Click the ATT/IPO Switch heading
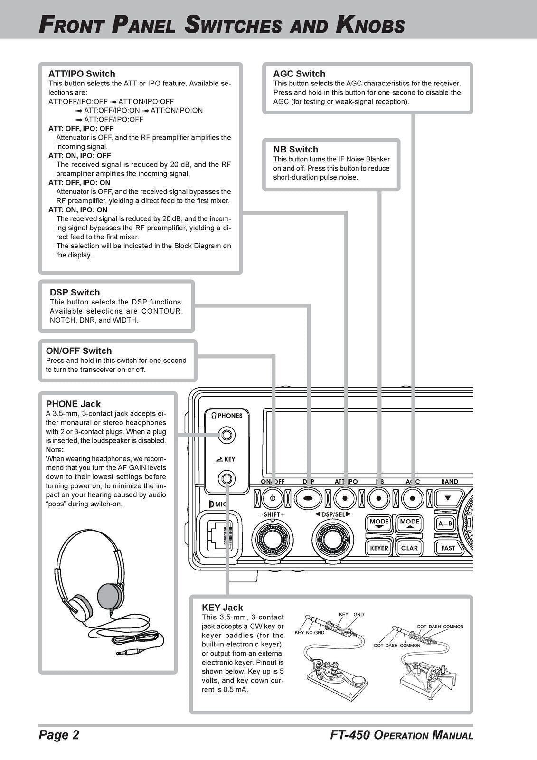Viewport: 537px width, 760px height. [x=82, y=74]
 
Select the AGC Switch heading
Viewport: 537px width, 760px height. [x=299, y=74]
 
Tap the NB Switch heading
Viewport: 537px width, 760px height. [x=295, y=149]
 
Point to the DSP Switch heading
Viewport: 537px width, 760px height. [x=75, y=292]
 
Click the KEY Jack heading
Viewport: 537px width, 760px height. [x=222, y=608]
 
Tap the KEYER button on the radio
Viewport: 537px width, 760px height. [x=379, y=548]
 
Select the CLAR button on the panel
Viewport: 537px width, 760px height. [x=409, y=548]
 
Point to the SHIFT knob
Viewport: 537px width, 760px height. [x=273, y=539]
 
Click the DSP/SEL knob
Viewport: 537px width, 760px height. [x=332, y=539]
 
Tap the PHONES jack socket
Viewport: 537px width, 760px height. [x=226, y=435]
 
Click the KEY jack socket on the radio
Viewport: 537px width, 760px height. [x=226, y=478]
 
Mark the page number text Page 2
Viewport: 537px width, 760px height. [x=59, y=735]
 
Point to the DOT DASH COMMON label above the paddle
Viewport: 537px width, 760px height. [x=440, y=627]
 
